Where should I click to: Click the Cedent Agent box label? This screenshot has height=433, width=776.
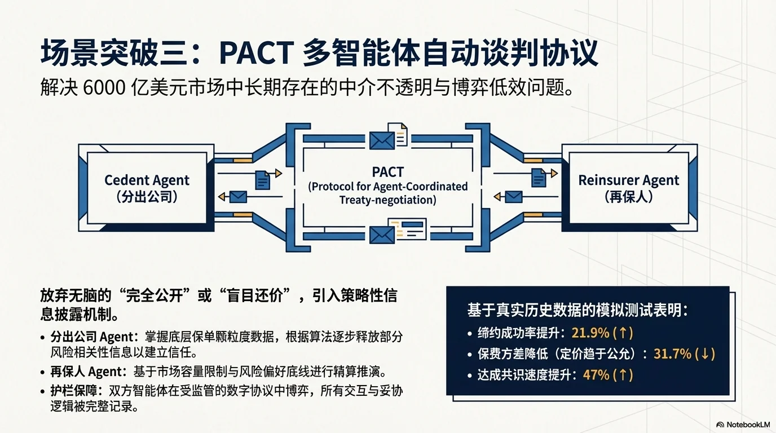(x=147, y=181)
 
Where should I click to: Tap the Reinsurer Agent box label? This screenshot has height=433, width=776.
(x=628, y=181)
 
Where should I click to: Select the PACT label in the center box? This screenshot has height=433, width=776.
(x=388, y=172)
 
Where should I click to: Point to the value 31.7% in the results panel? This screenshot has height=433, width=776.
(x=672, y=354)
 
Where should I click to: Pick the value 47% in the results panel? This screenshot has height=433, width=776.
(x=597, y=375)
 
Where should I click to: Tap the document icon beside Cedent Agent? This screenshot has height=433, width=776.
(x=263, y=179)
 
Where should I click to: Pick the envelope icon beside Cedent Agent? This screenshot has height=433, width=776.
(x=239, y=197)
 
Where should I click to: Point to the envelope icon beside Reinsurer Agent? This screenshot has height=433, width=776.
(x=513, y=197)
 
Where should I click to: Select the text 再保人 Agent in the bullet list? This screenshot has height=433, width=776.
(x=87, y=372)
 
